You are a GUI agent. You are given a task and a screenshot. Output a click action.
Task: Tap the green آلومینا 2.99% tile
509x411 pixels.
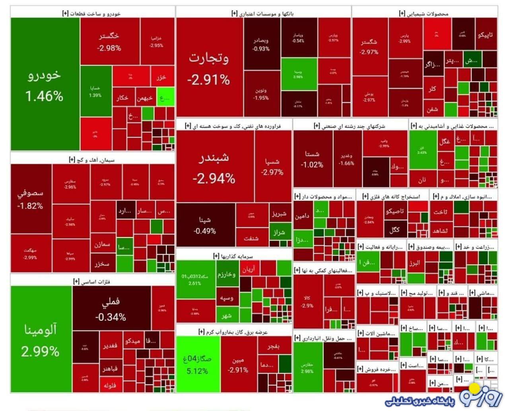click(41, 340)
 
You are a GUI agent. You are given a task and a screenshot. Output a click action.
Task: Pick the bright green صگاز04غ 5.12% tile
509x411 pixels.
click(197, 364)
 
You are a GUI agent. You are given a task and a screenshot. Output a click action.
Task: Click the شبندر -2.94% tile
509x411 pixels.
click(214, 167)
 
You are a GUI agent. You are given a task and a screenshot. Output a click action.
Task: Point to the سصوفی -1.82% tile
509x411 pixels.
click(31, 199)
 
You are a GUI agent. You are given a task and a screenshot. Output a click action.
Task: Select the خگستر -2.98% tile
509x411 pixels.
click(109, 41)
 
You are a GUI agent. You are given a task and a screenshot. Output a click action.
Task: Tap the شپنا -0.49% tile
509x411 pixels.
click(205, 225)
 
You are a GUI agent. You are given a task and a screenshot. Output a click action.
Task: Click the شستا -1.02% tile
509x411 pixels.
click(312, 159)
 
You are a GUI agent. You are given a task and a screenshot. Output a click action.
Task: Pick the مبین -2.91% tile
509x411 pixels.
click(238, 365)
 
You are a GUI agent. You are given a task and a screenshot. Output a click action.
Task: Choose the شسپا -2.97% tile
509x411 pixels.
click(272, 167)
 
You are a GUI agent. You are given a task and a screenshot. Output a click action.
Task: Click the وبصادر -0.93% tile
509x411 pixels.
click(261, 44)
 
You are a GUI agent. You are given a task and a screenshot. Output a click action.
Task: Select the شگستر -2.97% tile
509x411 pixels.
click(369, 46)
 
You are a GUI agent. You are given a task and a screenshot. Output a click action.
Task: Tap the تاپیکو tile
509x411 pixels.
click(486, 35)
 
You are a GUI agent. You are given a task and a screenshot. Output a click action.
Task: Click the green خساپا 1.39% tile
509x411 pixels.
click(95, 91)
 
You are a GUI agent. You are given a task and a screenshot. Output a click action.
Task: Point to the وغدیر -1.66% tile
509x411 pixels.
click(347, 159)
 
